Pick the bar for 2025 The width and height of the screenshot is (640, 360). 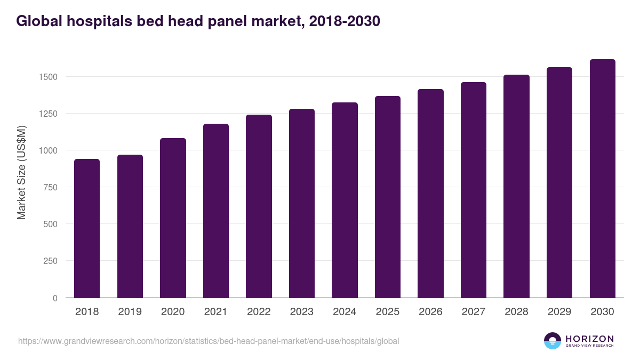tap(388, 197)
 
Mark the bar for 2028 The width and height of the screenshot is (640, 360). tap(516, 186)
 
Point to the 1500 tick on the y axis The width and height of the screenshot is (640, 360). tap(47, 77)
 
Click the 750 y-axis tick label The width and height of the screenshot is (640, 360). tap(50, 187)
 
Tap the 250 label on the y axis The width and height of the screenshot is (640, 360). tap(50, 261)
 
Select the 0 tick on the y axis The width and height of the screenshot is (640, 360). tap(55, 298)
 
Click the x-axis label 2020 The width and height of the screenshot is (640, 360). tap(173, 312)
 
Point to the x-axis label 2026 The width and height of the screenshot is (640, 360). tap(430, 312)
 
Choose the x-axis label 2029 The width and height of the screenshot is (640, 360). tap(559, 312)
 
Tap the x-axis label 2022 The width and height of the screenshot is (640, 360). tap(259, 312)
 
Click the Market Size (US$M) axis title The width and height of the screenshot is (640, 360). tap(21, 172)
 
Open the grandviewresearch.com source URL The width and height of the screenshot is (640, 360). tap(209, 341)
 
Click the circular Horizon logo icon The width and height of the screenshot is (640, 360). tap(553, 341)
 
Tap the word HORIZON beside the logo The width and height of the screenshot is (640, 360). tap(589, 339)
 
